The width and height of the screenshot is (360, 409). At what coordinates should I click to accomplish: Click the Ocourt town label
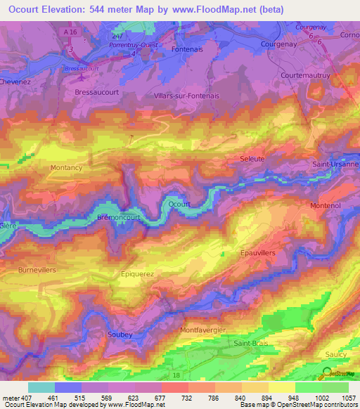pyautogui.click(x=179, y=204)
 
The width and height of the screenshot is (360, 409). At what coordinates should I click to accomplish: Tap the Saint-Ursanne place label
pyautogui.click(x=335, y=164)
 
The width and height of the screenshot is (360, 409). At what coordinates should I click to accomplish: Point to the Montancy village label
pyautogui.click(x=66, y=168)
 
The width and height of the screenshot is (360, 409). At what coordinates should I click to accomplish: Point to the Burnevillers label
pyautogui.click(x=37, y=269)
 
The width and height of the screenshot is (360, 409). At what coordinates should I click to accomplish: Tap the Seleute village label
pyautogui.click(x=252, y=159)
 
